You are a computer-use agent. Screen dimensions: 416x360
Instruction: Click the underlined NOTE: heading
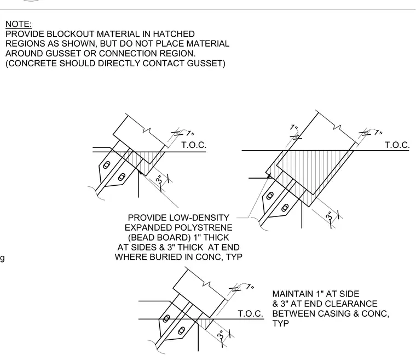19,24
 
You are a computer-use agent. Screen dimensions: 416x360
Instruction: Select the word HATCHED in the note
174,34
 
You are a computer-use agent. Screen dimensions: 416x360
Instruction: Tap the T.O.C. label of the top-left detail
194,145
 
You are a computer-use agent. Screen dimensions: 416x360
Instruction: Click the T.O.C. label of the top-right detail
397,145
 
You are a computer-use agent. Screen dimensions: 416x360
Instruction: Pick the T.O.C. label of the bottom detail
251,314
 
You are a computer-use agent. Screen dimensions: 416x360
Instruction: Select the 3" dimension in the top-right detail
329,216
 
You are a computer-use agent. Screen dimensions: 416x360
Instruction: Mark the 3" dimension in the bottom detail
221,335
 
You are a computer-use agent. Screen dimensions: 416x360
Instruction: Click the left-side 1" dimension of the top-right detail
294,128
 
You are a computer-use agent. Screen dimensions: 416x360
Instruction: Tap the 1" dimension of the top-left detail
190,133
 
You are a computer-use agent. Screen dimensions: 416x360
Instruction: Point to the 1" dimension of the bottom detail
250,287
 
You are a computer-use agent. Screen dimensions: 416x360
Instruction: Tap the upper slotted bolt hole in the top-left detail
106,165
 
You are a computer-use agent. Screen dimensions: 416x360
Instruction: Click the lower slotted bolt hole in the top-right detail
285,208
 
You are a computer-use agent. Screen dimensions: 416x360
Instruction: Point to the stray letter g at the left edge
2,258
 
